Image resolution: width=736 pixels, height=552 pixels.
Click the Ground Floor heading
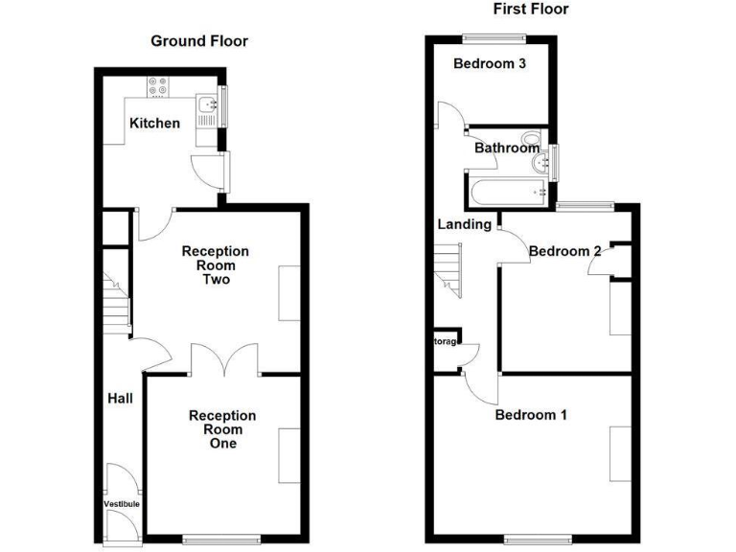[x=199, y=41]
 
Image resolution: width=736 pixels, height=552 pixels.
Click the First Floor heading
[x=530, y=10]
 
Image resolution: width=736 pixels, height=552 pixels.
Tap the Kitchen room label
[x=154, y=123]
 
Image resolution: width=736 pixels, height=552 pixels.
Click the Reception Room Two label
[x=216, y=265]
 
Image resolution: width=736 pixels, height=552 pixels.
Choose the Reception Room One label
[x=221, y=429]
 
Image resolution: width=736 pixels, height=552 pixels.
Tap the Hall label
[x=120, y=399]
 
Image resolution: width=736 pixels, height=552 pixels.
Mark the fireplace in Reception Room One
[x=287, y=455]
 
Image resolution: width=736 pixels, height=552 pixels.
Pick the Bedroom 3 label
[x=489, y=65]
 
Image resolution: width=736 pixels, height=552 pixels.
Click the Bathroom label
[x=507, y=149]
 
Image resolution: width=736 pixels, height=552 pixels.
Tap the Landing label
[x=464, y=225]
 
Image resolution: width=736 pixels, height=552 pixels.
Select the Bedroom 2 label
[x=564, y=251]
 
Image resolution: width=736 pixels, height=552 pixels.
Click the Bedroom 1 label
[x=531, y=415]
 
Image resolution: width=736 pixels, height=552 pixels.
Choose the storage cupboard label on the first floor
[x=446, y=341]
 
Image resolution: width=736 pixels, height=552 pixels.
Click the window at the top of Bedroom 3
[x=494, y=37]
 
